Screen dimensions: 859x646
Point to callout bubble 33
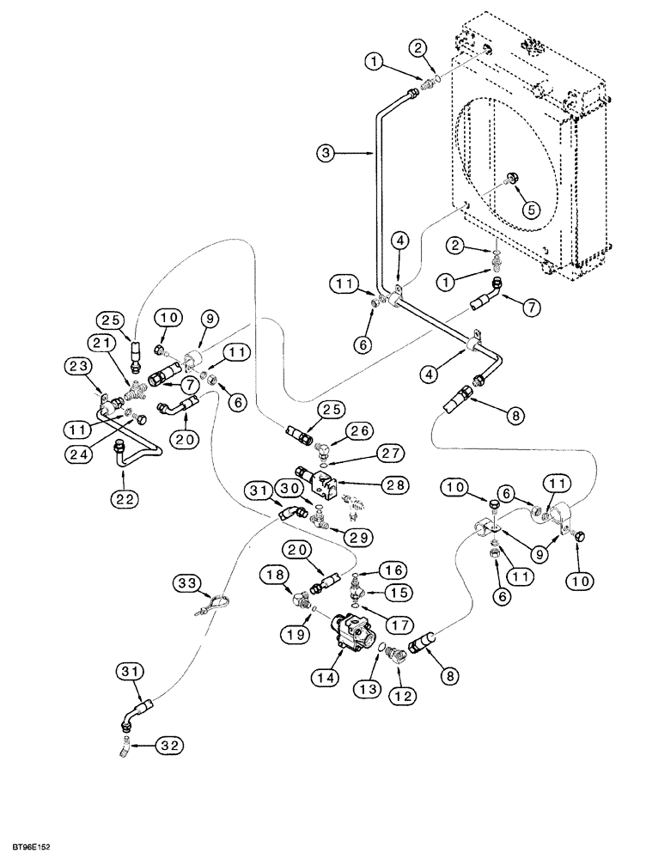188,582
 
